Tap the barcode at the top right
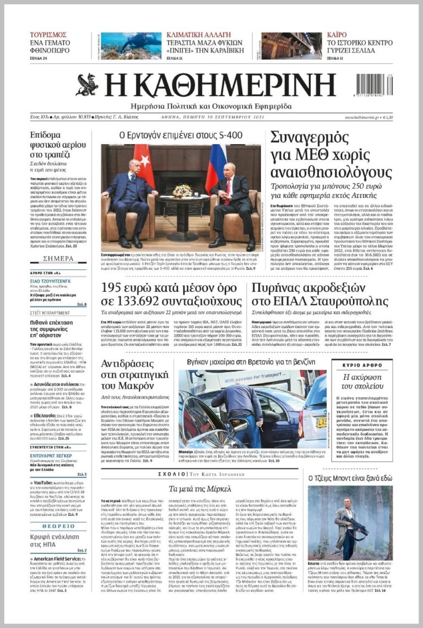pos(374,86)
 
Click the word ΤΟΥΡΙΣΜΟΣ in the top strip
pos(48,35)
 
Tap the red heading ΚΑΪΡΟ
pos(337,35)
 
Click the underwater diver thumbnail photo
pos(131,46)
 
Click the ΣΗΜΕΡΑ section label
pos(58,259)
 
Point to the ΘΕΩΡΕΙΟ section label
pos(58,526)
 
